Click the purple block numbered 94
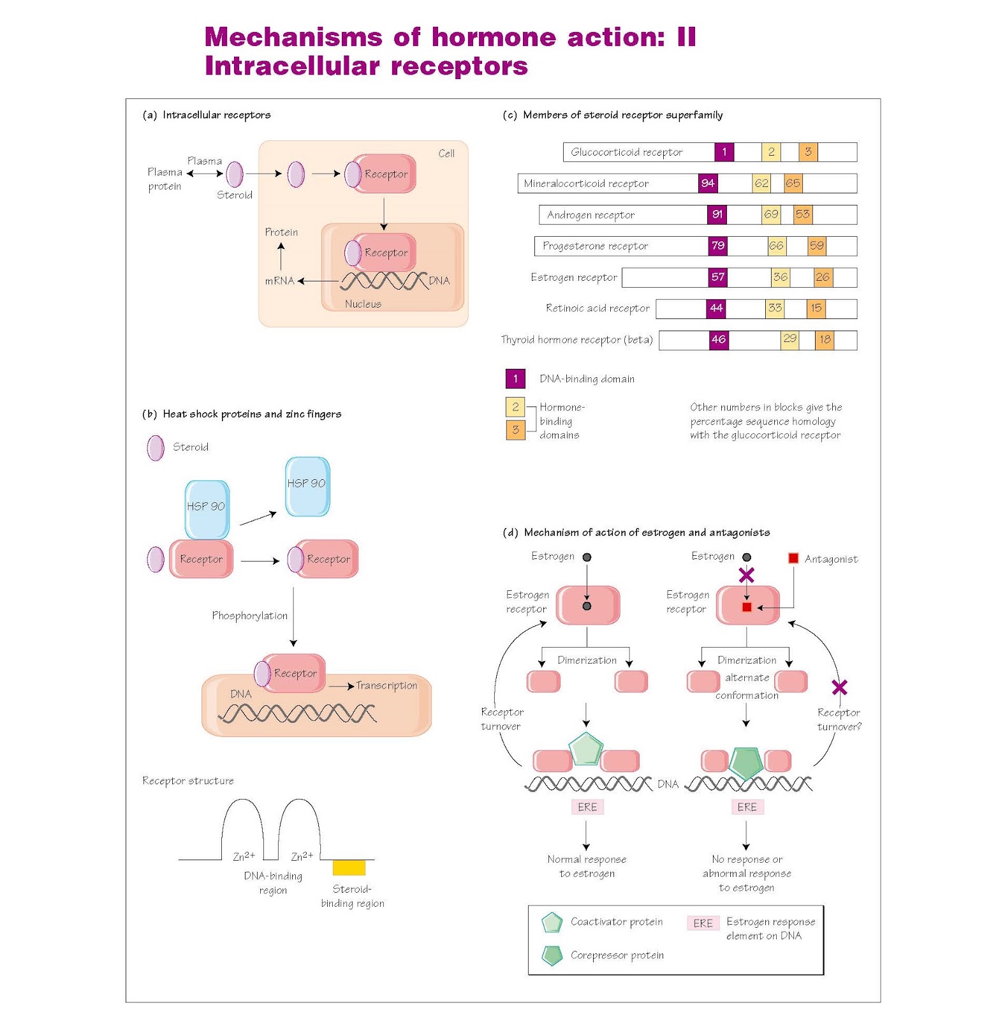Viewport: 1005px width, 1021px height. click(708, 183)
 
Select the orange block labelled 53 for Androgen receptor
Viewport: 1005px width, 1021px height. click(802, 214)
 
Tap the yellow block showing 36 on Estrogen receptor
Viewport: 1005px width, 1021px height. click(780, 277)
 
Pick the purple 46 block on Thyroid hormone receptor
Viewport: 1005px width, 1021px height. click(719, 339)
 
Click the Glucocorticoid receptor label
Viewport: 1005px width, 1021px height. click(626, 152)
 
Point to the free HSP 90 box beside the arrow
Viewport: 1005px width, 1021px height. click(307, 486)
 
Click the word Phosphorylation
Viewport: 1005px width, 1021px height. click(249, 616)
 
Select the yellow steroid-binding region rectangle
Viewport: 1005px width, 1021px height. click(349, 867)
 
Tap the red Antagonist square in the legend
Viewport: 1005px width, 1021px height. click(793, 558)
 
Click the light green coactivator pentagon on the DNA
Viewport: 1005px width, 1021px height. click(585, 750)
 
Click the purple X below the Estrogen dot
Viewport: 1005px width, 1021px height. click(746, 576)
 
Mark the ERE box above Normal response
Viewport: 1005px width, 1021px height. click(587, 807)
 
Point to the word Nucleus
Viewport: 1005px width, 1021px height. click(363, 304)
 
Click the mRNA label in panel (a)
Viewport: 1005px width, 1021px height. click(279, 281)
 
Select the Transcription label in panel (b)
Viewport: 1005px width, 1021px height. click(386, 685)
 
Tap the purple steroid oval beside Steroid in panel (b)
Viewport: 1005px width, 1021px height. click(156, 448)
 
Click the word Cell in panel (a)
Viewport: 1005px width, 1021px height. click(446, 154)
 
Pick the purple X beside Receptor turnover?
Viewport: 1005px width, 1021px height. click(839, 687)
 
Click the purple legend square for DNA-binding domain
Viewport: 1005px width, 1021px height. click(515, 378)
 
